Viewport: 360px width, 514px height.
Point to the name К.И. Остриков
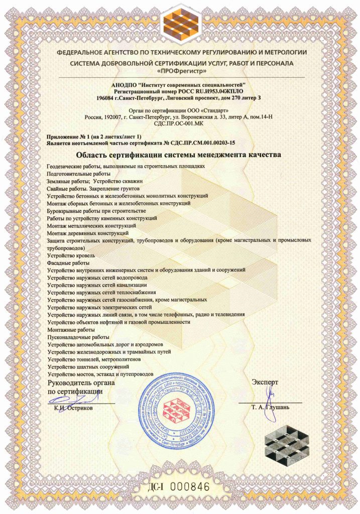[76, 408]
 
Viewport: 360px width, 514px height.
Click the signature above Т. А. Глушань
[271, 393]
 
